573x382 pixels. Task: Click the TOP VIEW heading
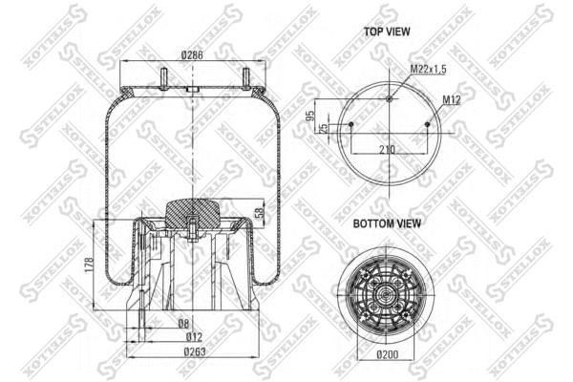coord(387,32)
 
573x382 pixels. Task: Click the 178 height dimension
coord(87,264)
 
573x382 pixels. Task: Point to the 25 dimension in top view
coord(324,127)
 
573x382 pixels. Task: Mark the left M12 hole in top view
coord(351,124)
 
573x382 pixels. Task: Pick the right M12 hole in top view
coord(426,124)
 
